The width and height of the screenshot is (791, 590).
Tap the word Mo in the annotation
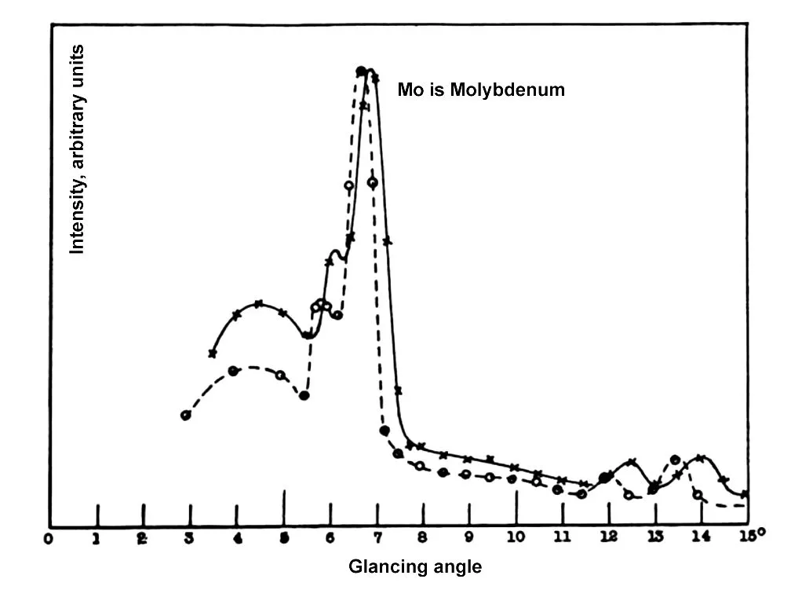tap(409, 90)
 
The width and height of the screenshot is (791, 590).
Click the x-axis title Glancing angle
tap(415, 566)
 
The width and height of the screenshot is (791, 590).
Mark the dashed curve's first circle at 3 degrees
tap(186, 415)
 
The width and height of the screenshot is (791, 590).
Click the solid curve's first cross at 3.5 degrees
tap(213, 353)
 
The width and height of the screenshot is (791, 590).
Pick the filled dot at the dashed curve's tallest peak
tap(361, 71)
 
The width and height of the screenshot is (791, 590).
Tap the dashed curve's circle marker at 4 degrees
tap(233, 371)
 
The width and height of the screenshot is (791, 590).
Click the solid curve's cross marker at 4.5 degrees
tap(259, 304)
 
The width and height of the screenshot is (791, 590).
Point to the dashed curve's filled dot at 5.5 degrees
tap(304, 395)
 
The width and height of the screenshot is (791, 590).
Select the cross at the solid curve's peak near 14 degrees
tap(701, 458)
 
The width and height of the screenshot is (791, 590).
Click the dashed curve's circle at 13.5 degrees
tap(675, 460)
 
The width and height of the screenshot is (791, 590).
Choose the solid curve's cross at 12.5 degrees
tap(632, 462)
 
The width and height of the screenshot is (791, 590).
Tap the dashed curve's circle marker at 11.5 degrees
tap(581, 493)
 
